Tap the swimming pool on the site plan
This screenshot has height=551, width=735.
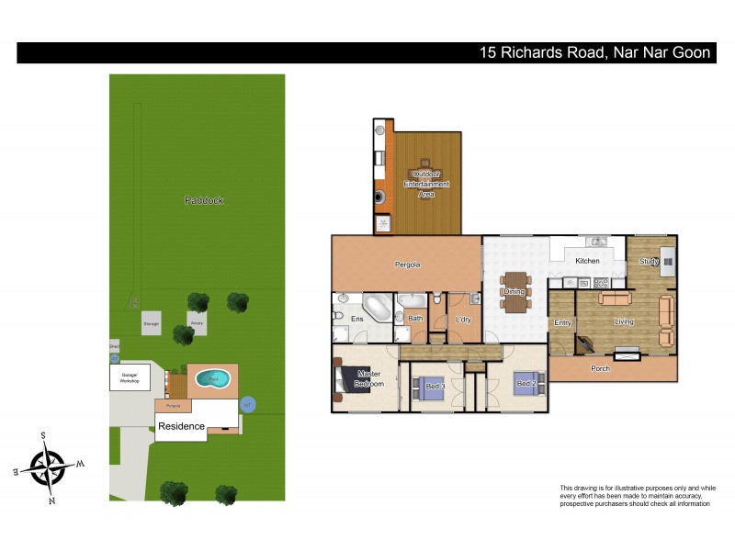[213, 377]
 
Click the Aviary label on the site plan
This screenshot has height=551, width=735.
[197, 323]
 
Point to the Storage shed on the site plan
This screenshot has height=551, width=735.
[152, 323]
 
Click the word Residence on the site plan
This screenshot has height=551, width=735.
[181, 426]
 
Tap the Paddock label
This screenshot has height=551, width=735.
[204, 199]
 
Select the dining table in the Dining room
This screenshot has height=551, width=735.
[514, 291]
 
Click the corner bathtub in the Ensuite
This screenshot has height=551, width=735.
[377, 306]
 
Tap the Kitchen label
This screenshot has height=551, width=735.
[587, 261]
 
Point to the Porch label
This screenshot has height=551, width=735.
[600, 368]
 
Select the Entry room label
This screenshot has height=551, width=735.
[562, 322]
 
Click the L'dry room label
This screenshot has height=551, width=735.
[463, 319]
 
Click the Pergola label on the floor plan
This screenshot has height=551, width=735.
[407, 264]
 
